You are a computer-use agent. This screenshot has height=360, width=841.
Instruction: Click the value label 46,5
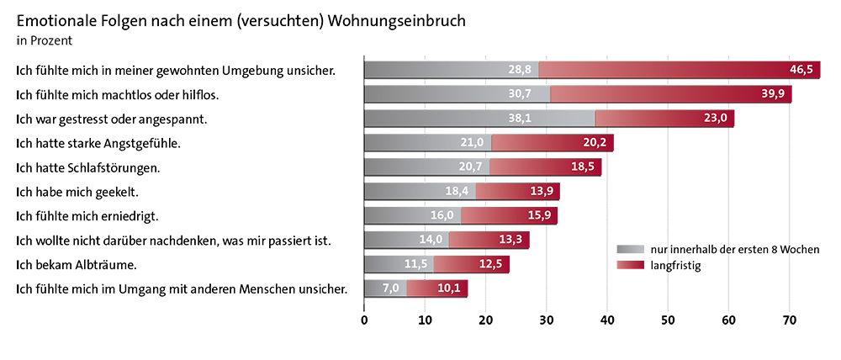pos(800,70)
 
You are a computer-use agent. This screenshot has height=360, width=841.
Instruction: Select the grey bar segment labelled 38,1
pos(479,119)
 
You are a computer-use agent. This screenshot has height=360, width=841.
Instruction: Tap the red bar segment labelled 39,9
pos(670,94)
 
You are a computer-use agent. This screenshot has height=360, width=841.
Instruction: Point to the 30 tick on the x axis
pos(547,320)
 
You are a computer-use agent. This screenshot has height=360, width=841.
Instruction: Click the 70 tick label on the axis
pos(790,320)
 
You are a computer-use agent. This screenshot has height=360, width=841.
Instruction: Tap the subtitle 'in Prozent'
pos(44,40)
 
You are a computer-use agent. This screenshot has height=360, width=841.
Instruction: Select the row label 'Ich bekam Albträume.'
pos(77,265)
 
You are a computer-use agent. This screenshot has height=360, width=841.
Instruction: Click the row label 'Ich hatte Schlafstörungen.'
pos(87,167)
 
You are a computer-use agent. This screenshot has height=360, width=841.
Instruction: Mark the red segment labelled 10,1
pos(437,289)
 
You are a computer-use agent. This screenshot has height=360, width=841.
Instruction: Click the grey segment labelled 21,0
pos(427,143)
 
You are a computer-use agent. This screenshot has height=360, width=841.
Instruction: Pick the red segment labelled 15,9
pos(509,216)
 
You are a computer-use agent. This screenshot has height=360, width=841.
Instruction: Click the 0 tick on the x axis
pos(364,320)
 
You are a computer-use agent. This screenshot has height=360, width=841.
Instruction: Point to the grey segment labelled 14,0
pos(406,241)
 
